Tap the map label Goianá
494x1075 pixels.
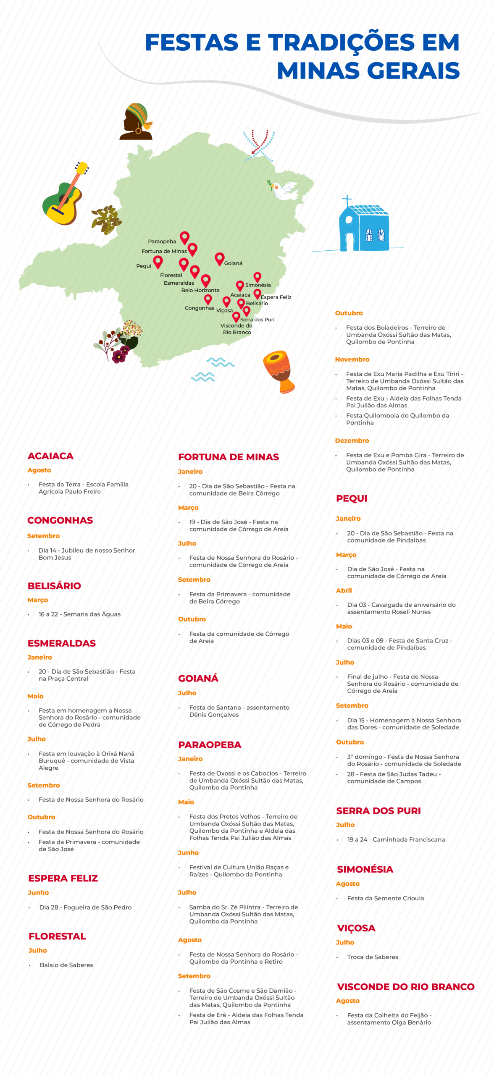pyautogui.click(x=233, y=263)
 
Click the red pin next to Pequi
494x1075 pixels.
pyautogui.click(x=158, y=262)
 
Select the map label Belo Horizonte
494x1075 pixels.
pyautogui.click(x=200, y=290)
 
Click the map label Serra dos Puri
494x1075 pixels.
pyautogui.click(x=257, y=320)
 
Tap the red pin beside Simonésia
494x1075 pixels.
pyautogui.click(x=258, y=277)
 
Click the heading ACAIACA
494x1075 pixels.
pyautogui.click(x=50, y=456)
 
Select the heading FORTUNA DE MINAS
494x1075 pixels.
pyautogui.click(x=229, y=457)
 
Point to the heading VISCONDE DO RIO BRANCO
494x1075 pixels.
pyautogui.click(x=406, y=987)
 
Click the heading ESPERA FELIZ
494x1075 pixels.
pyautogui.click(x=63, y=878)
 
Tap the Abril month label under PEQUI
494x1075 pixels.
pyautogui.click(x=344, y=590)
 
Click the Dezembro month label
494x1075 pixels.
pyautogui.click(x=352, y=440)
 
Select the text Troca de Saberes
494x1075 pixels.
pyautogui.click(x=373, y=957)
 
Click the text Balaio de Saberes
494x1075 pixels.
pyautogui.click(x=66, y=965)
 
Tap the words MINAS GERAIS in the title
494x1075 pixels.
pyautogui.click(x=368, y=71)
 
